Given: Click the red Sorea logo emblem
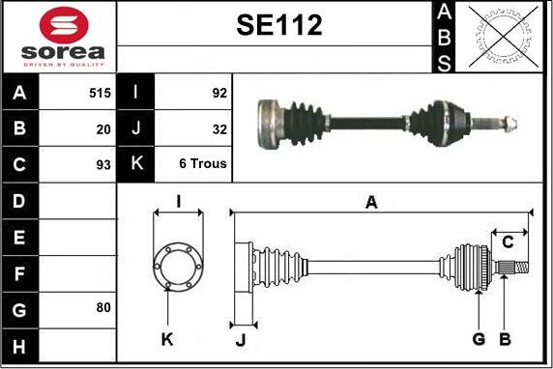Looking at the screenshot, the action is [64, 25].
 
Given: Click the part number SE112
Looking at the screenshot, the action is [279, 25].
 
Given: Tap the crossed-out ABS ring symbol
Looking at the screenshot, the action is [504, 37].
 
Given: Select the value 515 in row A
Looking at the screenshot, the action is [100, 93].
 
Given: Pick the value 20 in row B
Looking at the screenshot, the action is [103, 129].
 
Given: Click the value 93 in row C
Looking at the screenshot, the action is [103, 164].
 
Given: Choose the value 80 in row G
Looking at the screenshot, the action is [103, 307].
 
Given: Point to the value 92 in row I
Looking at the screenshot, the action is [219, 93].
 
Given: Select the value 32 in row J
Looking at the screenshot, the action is [219, 129].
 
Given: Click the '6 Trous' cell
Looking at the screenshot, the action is [203, 163].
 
